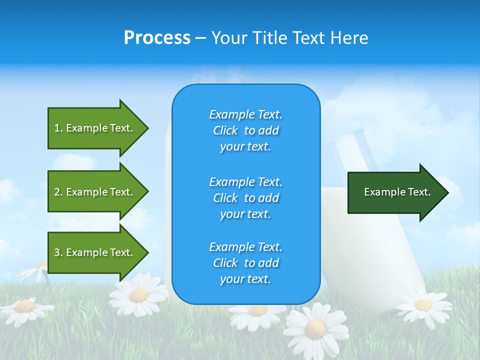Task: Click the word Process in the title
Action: point(157,38)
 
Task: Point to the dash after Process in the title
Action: point(200,38)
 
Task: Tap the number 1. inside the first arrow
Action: point(58,128)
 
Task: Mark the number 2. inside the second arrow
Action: point(58,192)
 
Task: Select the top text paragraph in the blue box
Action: point(245,130)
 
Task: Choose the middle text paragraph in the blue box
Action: point(245,198)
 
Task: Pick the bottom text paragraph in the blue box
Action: point(245,263)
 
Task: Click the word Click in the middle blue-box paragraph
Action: point(225,198)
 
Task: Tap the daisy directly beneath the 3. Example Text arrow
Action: point(138,294)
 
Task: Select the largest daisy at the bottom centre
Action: point(315,328)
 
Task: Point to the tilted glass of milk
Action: point(370,225)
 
